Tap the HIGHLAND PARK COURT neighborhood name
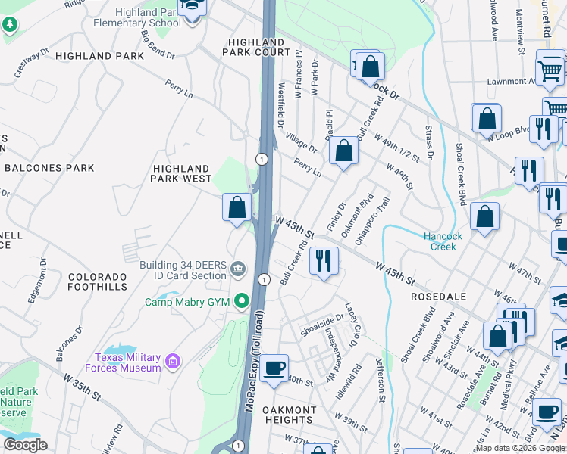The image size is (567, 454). point(256,47)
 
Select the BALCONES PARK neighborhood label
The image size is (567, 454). point(49,168)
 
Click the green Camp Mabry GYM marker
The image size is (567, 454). point(243,302)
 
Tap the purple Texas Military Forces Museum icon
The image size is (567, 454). point(174,362)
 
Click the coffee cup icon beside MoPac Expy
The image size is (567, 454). point(274,368)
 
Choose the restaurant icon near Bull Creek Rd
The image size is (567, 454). point(324,260)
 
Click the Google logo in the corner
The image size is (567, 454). point(25,444)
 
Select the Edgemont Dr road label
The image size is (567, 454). point(38,281)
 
